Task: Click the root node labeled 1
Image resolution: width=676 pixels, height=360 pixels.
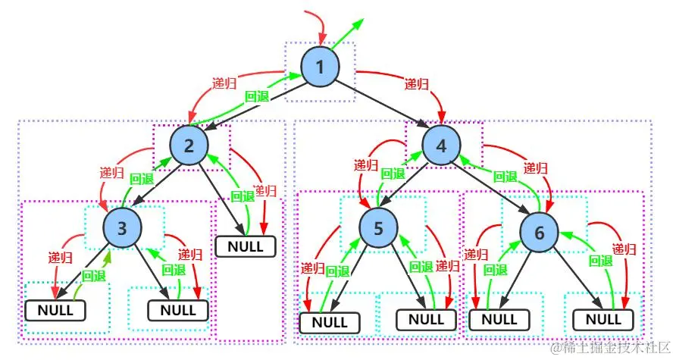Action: point(320,67)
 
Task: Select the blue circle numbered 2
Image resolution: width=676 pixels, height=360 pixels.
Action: point(188,144)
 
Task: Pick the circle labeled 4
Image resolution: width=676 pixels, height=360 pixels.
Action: point(442,144)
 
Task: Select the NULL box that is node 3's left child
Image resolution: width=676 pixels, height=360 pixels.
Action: point(55,310)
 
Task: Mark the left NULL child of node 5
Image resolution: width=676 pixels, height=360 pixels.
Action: point(330,322)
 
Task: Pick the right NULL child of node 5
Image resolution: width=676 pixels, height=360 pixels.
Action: point(427,321)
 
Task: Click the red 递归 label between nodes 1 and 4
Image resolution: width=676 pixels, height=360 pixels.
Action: point(418,83)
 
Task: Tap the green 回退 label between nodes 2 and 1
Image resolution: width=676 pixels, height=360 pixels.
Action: point(257,97)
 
